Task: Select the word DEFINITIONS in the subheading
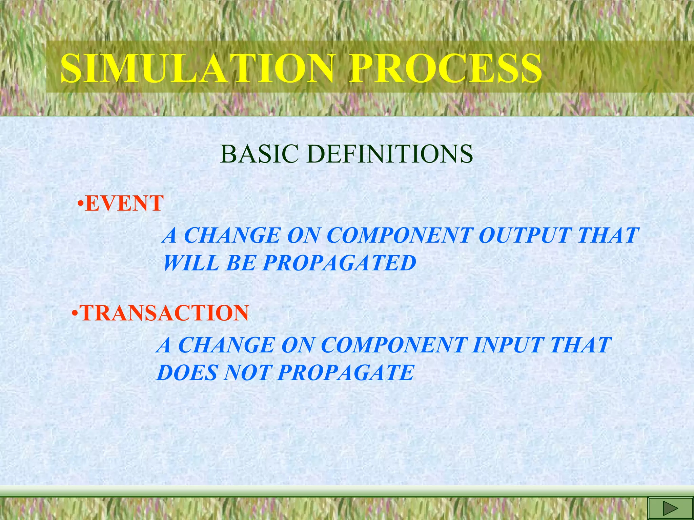(x=391, y=154)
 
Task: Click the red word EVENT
(x=124, y=203)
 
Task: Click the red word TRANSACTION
(x=164, y=313)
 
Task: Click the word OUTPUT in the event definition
(x=524, y=235)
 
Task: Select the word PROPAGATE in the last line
(x=346, y=373)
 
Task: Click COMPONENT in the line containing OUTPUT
(x=399, y=235)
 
